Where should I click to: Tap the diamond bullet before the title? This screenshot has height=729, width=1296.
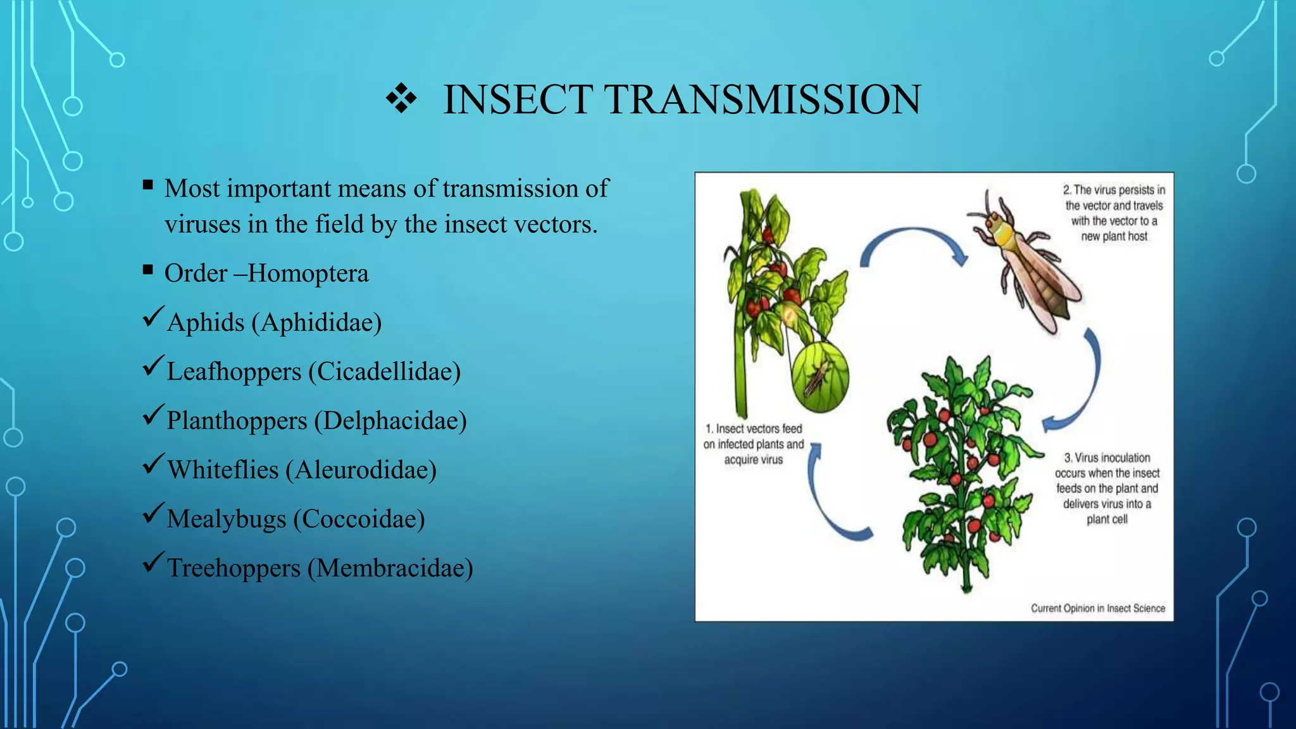pos(401,99)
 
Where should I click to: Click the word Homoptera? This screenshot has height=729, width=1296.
pos(308,273)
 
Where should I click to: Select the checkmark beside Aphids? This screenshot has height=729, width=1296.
pos(154,316)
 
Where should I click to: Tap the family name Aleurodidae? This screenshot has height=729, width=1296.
pos(361,470)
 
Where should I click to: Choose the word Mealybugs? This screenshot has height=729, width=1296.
pos(227,519)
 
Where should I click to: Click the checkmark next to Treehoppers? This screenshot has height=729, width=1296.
pos(154,562)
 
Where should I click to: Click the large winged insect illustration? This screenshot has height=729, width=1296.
pos(1025,266)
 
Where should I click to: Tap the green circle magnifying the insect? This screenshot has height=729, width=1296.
pos(820,378)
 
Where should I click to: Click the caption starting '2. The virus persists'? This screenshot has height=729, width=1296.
pos(1114,213)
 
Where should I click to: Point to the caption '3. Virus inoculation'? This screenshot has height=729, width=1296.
pos(1107,488)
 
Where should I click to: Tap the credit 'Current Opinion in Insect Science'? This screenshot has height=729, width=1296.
pos(1098,608)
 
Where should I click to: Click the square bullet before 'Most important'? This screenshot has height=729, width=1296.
pos(148,185)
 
